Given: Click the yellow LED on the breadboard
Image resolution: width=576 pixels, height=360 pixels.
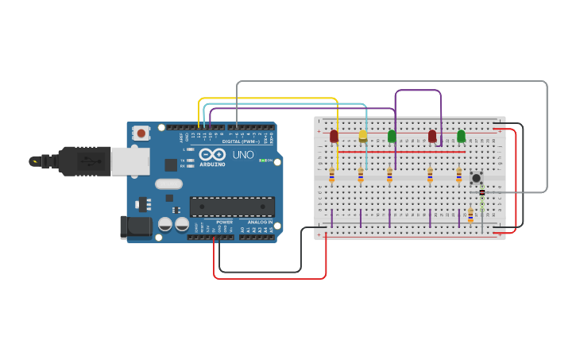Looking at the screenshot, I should (x=363, y=135).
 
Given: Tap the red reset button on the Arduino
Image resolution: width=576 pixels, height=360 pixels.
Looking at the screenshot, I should (x=141, y=133).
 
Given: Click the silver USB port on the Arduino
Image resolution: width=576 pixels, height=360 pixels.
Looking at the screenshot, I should (x=130, y=161).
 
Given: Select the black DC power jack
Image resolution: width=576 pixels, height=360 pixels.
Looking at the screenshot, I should (x=135, y=227).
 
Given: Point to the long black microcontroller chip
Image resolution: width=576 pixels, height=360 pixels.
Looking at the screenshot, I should (x=232, y=207).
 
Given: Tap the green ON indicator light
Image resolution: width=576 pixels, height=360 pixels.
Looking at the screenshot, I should (x=262, y=161).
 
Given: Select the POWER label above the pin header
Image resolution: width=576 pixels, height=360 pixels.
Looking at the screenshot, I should (x=224, y=223).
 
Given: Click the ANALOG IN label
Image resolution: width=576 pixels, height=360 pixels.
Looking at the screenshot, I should (x=259, y=223).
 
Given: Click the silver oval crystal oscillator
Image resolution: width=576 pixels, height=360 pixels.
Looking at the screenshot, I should (x=168, y=184).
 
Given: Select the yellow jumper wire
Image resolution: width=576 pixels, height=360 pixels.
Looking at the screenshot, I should (x=270, y=98).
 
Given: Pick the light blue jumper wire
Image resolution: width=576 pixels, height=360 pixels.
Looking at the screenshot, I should (x=286, y=103).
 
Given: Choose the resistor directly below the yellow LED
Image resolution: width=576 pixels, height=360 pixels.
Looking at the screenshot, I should (x=361, y=175).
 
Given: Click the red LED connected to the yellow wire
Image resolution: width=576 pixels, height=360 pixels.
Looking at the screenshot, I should (x=334, y=136).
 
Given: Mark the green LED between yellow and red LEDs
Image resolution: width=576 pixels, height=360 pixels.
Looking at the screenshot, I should (x=392, y=136).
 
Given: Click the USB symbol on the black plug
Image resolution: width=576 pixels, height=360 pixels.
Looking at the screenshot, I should (x=35, y=161).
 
